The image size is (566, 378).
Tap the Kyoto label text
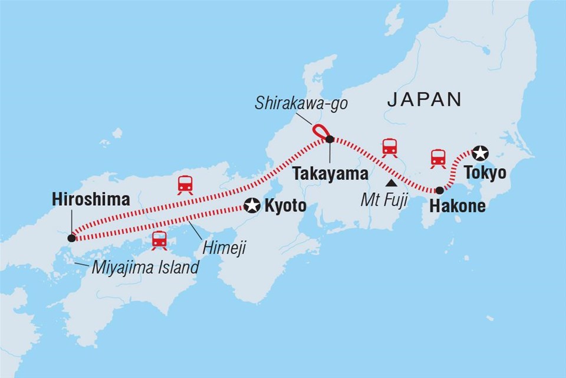point(286,206)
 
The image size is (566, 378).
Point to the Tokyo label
point(485,173)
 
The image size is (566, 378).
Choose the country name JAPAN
point(424,100)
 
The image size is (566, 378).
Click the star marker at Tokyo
point(481,153)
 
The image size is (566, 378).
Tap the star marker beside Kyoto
point(253,205)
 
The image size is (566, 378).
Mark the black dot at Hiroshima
point(71,238)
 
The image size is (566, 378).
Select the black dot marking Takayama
point(330,139)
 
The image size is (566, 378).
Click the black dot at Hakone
point(439,190)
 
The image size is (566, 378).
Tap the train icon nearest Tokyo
point(438,157)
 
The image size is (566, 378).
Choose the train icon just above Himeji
point(159,239)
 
